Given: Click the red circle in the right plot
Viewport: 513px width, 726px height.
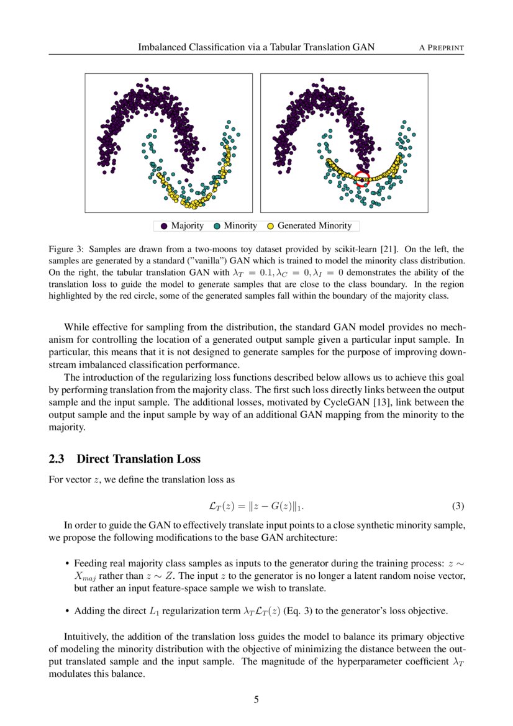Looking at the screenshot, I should pyautogui.click(x=362, y=179).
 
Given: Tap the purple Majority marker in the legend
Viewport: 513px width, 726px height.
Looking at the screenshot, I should pyautogui.click(x=163, y=226).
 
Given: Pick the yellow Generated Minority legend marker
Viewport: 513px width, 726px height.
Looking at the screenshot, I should pyautogui.click(x=270, y=226).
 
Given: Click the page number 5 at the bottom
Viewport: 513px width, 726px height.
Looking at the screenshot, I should pyautogui.click(x=256, y=700).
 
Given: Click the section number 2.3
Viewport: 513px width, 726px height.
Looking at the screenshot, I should pyautogui.click(x=58, y=459).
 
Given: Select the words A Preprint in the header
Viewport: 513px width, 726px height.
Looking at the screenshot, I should pyautogui.click(x=442, y=47).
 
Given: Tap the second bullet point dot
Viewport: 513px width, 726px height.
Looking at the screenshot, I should pyautogui.click(x=66, y=611).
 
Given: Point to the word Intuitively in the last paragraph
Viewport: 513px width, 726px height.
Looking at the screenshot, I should pyautogui.click(x=86, y=637).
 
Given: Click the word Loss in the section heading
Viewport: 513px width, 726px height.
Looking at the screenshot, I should pyautogui.click(x=188, y=459).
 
